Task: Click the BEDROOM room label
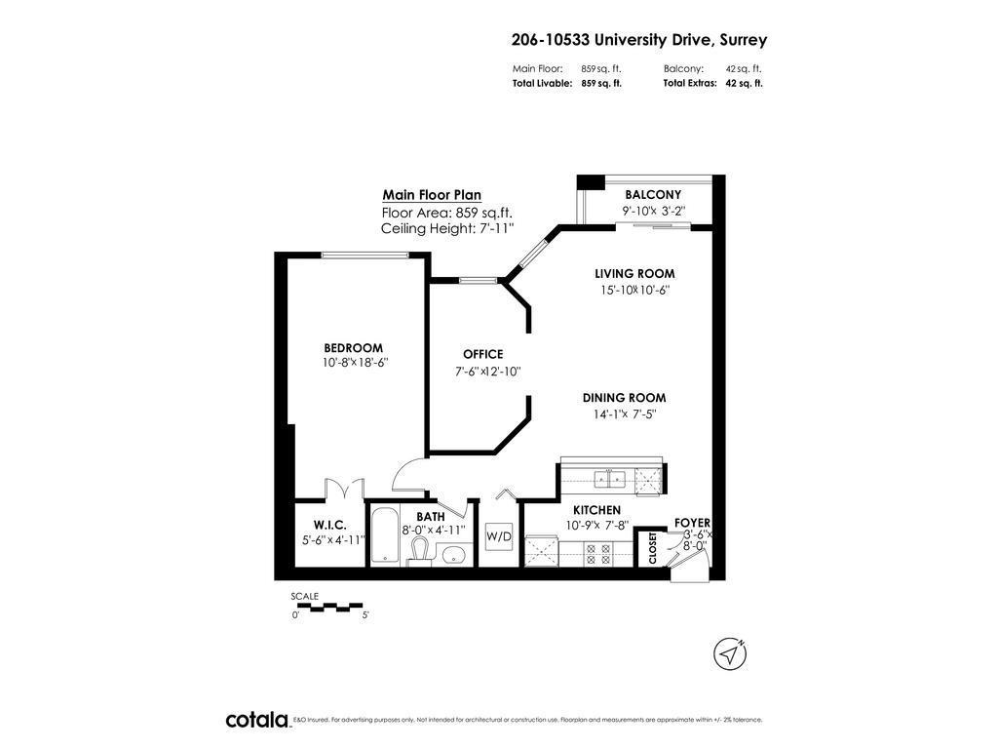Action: pyautogui.click(x=353, y=348)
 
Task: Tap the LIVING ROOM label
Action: pyautogui.click(x=634, y=274)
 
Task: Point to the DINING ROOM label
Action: pyautogui.click(x=624, y=398)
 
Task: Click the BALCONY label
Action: pyautogui.click(x=653, y=195)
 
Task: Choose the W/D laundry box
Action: pyautogui.click(x=499, y=535)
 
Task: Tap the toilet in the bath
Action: pyautogui.click(x=420, y=551)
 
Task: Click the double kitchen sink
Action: pyautogui.click(x=612, y=478)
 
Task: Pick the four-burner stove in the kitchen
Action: pyautogui.click(x=595, y=554)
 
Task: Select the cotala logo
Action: pyautogui.click(x=257, y=720)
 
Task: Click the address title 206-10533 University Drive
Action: pyautogui.click(x=639, y=40)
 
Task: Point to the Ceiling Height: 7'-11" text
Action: pyautogui.click(x=446, y=229)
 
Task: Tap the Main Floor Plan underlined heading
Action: pyautogui.click(x=432, y=195)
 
